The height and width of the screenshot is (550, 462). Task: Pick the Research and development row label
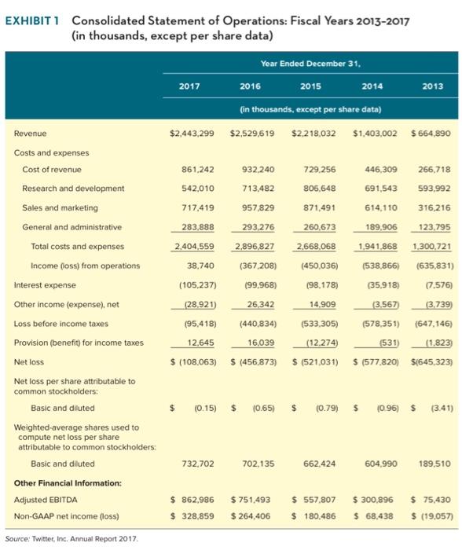click(73, 189)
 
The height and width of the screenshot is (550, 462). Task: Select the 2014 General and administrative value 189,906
click(379, 227)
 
